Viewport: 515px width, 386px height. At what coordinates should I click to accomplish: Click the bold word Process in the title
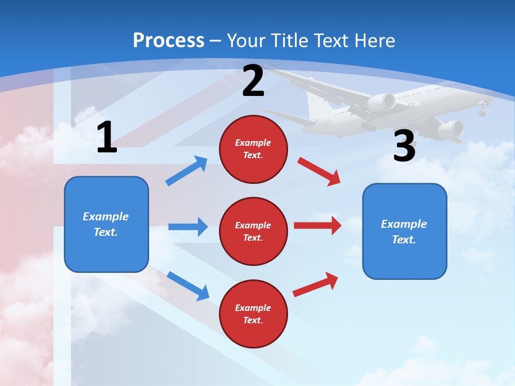168,40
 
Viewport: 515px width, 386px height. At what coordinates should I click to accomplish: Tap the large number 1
107,137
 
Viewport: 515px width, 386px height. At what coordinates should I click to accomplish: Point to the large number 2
253,81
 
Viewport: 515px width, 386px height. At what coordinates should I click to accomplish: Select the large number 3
404,146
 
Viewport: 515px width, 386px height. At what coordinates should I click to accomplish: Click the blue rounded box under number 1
106,224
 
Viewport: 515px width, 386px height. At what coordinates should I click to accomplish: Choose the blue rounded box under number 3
404,231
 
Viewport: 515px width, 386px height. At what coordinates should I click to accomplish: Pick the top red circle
253,149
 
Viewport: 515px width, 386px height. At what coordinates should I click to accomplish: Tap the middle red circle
253,231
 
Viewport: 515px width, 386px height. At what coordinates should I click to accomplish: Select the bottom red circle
253,314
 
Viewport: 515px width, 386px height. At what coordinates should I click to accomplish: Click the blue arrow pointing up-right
187,171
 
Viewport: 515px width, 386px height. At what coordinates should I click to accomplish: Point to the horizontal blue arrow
188,227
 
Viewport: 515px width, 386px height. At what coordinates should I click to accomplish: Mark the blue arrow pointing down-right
188,286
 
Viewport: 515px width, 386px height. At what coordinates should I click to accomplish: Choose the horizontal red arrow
317,225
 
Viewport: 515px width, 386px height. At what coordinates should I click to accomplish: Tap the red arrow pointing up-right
315,285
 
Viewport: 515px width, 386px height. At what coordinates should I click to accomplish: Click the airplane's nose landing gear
482,112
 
